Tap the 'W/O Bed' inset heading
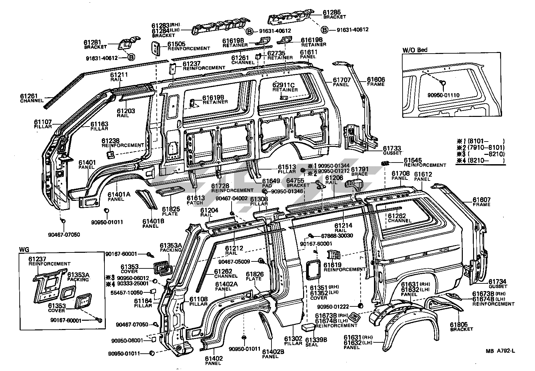[415, 50]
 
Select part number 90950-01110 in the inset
[443, 95]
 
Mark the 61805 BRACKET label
[461, 326]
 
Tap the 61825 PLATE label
[171, 211]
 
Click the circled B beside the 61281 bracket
[131, 58]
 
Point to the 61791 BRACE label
[359, 171]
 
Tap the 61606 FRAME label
[376, 82]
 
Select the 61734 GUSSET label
[498, 284]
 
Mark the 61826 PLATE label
[255, 276]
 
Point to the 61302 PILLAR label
[293, 341]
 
